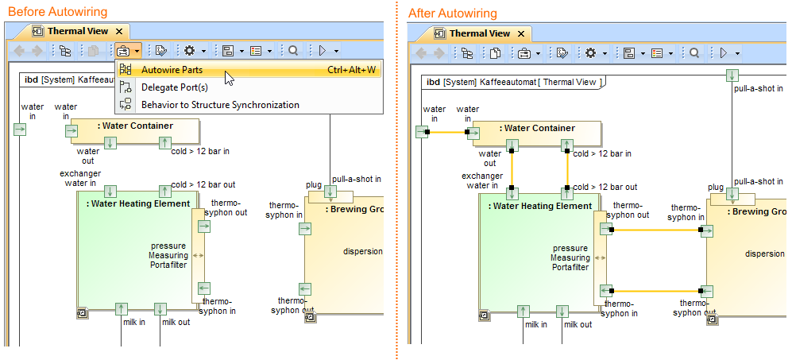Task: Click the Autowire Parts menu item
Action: click(171, 70)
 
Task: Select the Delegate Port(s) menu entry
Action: click(174, 87)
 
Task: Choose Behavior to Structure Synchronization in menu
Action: click(219, 105)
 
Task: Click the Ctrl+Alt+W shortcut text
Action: click(351, 70)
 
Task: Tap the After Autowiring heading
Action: click(452, 14)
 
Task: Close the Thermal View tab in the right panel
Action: click(522, 33)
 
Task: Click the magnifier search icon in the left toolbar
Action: click(293, 51)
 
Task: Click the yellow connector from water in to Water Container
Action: click(448, 132)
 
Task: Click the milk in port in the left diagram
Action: click(121, 308)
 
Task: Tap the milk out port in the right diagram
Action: click(562, 311)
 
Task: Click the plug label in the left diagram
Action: click(314, 185)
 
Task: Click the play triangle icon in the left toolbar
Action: click(322, 51)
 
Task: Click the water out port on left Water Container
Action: click(110, 142)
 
